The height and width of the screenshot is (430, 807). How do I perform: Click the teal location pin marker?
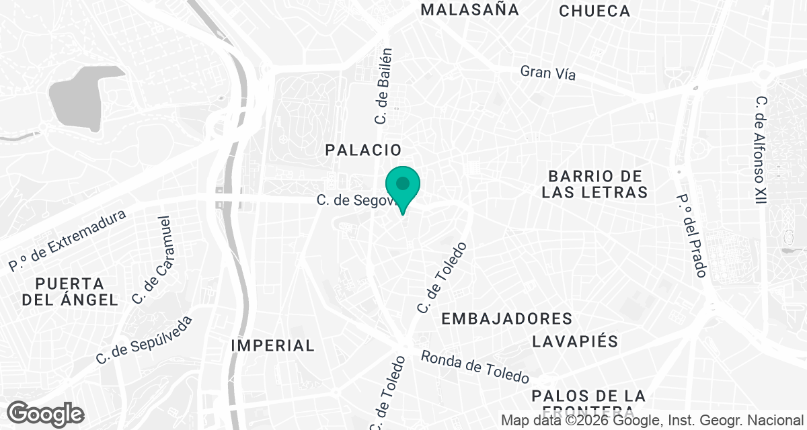(403, 185)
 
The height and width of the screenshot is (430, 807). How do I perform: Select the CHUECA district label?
(594, 11)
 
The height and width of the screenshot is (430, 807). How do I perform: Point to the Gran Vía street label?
(548, 73)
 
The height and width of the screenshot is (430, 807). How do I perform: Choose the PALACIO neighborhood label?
(363, 150)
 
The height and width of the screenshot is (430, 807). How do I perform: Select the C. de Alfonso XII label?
(761, 149)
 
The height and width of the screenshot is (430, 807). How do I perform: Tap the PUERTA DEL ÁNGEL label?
(70, 291)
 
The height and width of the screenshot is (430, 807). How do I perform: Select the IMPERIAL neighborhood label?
(272, 345)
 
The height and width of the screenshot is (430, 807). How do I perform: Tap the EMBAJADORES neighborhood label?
(506, 318)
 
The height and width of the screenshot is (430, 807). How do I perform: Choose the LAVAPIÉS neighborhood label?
(575, 341)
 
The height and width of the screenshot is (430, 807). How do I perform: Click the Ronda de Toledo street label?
(475, 368)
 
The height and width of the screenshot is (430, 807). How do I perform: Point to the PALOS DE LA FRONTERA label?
(588, 402)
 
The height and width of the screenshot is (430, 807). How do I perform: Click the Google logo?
(46, 413)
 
